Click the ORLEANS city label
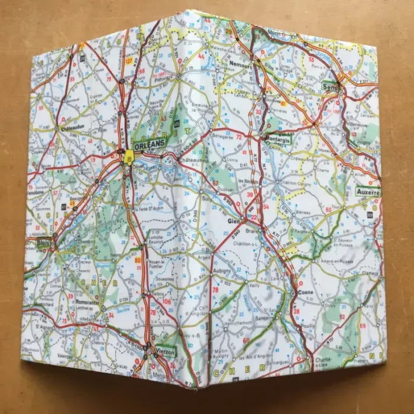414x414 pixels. click(x=148, y=144)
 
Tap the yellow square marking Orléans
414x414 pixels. click(x=129, y=156)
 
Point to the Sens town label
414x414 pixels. click(x=329, y=86)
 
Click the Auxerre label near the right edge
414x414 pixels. click(x=367, y=193)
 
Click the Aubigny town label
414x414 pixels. click(x=222, y=271)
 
